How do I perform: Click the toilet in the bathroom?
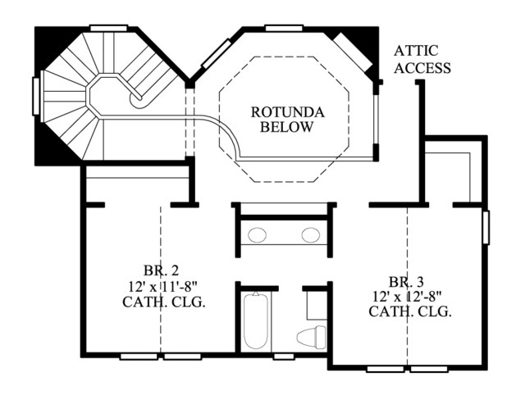pos(312,337)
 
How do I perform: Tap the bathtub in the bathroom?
pos(256,320)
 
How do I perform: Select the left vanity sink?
pos(257,235)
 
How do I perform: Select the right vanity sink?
pos(311,235)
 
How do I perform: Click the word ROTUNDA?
pos(288,112)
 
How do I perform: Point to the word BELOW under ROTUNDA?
pos(287,127)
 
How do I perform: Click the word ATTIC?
pos(416,51)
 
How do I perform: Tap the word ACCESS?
pos(422,68)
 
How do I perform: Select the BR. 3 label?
pos(406,282)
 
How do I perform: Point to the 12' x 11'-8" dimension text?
pos(162,286)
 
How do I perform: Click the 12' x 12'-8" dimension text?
pos(407,297)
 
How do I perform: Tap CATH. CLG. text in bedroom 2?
pos(163,302)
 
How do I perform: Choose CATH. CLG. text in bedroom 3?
pos(410,312)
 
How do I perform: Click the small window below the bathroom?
pos(284,356)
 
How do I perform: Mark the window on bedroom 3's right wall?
pos(486,228)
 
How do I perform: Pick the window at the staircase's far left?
pos(35,97)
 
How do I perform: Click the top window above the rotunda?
pos(285,28)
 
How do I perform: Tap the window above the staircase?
pos(109,28)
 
